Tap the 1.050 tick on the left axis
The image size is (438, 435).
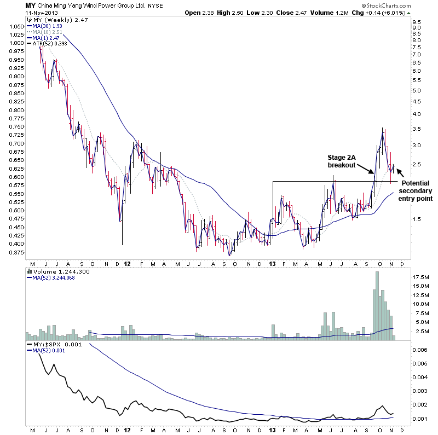[15, 26]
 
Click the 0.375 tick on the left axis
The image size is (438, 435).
[15, 253]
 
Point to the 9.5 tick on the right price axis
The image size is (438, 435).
[417, 22]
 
